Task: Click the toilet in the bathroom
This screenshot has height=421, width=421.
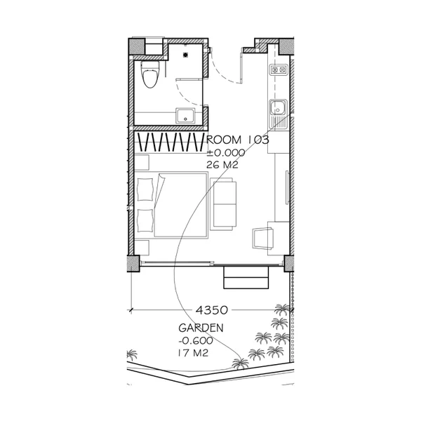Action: coord(150,74)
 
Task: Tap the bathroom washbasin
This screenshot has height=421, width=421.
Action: coord(185,116)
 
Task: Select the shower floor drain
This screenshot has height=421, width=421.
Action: coord(185,55)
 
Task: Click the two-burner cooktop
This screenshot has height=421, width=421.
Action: coord(278,69)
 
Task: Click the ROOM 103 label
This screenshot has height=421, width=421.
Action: coord(238,140)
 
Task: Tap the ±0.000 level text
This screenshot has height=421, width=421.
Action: coord(225,153)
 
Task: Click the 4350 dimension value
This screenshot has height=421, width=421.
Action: coord(212,310)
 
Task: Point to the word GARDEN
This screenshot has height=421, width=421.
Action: coord(201,328)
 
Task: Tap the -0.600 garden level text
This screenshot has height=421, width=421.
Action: coord(196,341)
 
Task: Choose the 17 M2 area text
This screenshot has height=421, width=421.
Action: coord(193,353)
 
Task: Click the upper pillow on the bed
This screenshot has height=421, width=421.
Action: coord(145,189)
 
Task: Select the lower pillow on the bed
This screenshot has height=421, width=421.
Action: coord(145,220)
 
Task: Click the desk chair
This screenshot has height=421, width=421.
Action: coord(263,239)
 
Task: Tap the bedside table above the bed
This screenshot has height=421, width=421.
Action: coord(142,163)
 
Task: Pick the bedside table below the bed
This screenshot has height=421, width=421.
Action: coord(142,248)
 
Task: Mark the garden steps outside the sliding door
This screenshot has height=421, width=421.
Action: coord(246,278)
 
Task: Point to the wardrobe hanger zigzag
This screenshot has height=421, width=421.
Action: coord(171,142)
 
